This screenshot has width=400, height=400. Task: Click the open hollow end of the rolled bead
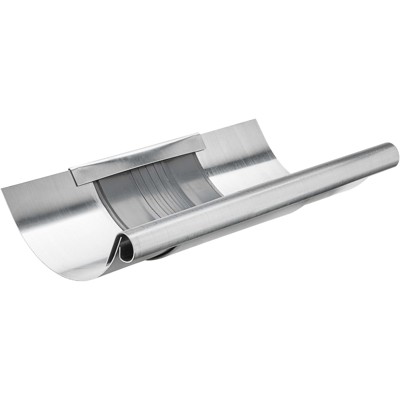click(x=127, y=251)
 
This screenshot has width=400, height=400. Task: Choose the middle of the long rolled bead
click(x=260, y=200)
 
